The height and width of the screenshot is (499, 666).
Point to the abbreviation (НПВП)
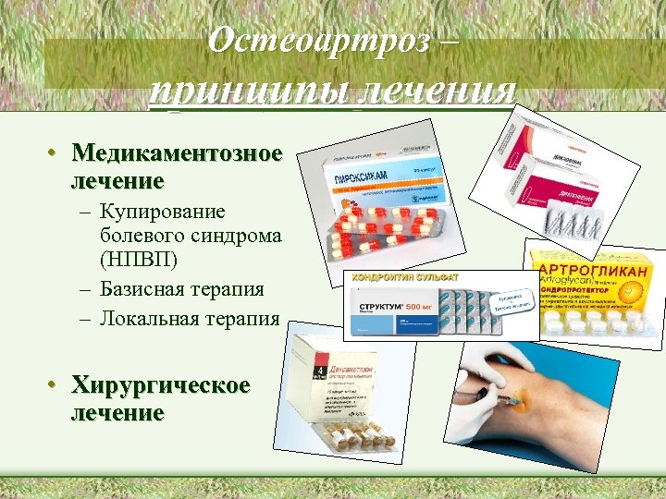pos(141,261)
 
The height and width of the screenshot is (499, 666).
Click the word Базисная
pos(144,288)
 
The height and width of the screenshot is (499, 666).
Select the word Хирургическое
pos(161,385)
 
